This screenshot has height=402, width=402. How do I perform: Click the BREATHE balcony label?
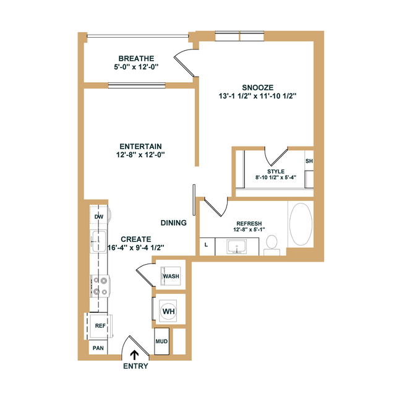(x=136, y=59)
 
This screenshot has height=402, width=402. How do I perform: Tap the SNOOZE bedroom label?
(x=258, y=88)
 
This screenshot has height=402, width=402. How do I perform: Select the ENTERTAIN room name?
(x=140, y=147)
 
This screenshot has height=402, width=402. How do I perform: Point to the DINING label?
(x=174, y=223)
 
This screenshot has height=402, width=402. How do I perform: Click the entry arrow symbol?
(x=134, y=356)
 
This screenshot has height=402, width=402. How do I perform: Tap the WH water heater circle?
(x=169, y=311)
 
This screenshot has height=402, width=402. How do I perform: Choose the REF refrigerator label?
(x=100, y=325)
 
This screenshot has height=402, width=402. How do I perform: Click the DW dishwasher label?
(x=99, y=216)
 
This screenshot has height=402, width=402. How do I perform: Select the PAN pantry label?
(x=98, y=348)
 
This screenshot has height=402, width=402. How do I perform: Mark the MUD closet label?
(x=161, y=341)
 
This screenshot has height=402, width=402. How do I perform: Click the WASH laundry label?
(x=171, y=276)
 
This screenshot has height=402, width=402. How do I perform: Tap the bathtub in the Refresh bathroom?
(x=301, y=224)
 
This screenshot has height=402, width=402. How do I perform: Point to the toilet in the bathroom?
(x=272, y=245)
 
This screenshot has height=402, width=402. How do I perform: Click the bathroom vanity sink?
(x=237, y=247)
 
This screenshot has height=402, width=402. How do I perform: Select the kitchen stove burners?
(x=100, y=286)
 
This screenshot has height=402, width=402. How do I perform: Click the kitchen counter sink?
(x=99, y=241)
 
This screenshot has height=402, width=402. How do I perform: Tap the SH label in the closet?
(x=309, y=161)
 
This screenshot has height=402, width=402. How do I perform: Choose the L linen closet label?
(x=206, y=245)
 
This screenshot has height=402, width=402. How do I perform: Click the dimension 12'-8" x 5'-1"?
(x=249, y=229)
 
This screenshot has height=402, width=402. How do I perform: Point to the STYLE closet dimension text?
(x=276, y=177)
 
